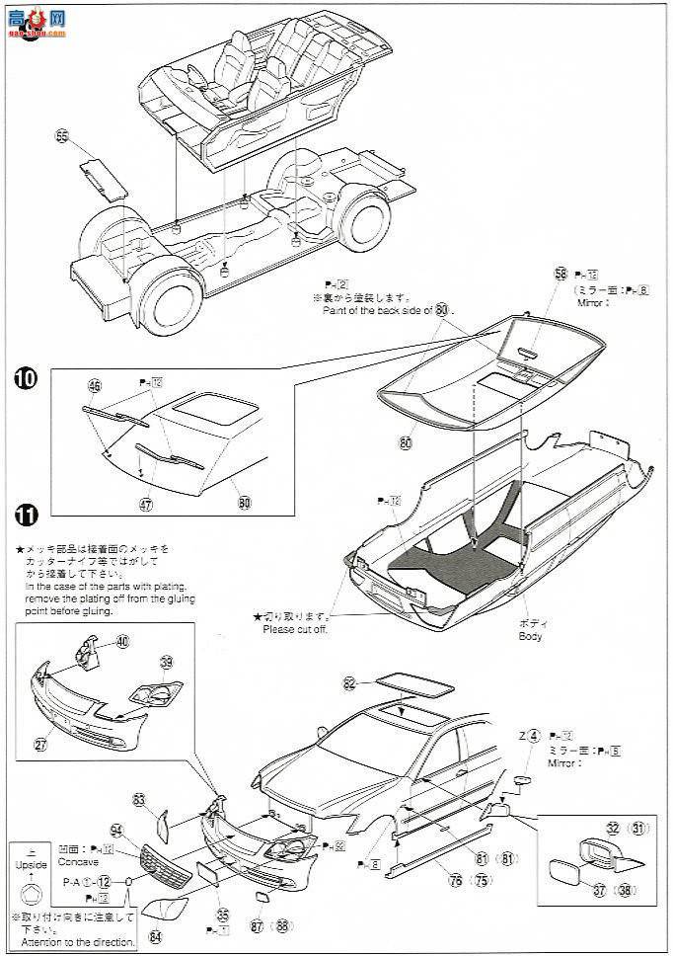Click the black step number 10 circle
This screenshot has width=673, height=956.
point(27,378)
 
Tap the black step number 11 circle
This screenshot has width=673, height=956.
point(27,514)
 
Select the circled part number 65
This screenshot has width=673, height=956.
point(63,137)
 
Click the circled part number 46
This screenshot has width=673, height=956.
point(95,386)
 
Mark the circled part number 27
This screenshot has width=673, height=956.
point(40,745)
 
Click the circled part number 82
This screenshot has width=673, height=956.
point(349,683)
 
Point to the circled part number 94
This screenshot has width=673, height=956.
point(116,830)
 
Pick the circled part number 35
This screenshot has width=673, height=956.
point(222,915)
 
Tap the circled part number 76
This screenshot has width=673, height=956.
point(456,881)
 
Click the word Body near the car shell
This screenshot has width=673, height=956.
point(530,636)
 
